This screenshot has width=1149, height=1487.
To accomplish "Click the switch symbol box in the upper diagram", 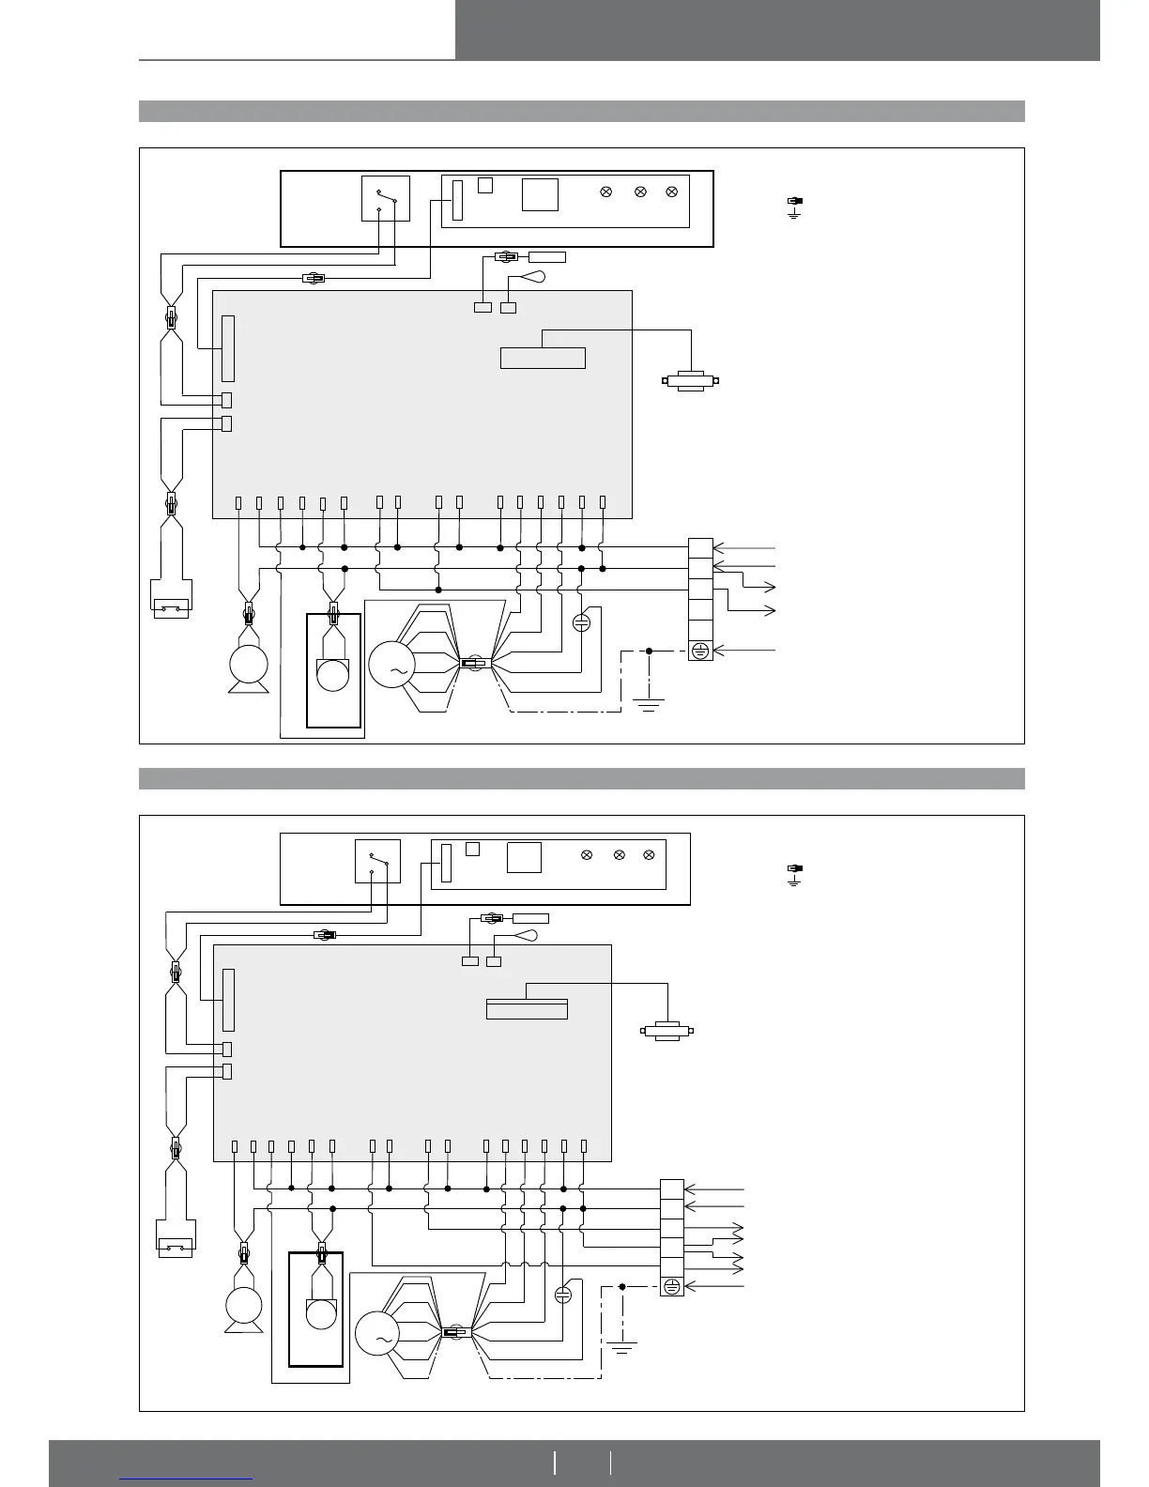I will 386,198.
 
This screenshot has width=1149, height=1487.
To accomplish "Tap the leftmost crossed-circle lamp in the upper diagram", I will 606,192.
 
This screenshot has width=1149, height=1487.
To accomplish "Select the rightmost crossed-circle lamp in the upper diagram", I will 671,192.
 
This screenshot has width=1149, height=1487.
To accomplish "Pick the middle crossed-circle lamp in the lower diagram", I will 619,855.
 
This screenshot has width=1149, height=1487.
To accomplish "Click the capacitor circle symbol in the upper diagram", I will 581,621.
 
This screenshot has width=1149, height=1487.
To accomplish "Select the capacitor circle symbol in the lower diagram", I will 563,1295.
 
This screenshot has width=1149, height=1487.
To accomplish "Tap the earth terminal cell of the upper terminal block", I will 700,650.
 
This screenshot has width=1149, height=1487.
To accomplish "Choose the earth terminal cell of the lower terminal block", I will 672,1286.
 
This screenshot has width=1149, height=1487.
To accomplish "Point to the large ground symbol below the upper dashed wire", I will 649,703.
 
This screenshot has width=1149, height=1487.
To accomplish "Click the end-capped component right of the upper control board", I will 691,381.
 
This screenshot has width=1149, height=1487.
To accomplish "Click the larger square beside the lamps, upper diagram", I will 541,194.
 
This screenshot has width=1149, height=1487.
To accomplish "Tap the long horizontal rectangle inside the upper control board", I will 543,358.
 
